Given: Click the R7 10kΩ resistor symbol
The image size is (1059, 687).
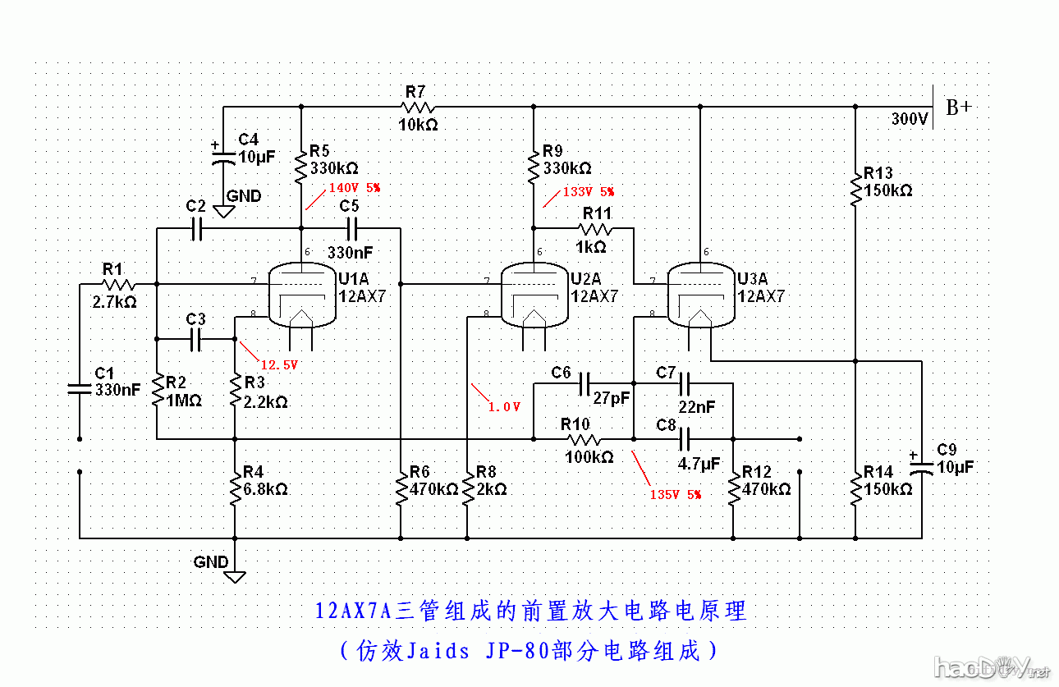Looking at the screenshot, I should (417, 107).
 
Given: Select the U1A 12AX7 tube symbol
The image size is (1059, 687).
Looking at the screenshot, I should (303, 294).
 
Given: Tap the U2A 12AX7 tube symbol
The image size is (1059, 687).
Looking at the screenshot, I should (534, 294).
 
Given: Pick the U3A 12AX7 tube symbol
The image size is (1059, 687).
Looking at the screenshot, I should (699, 294).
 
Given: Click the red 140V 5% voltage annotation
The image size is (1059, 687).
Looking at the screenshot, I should (354, 187).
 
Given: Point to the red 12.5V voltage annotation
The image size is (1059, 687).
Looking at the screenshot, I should (278, 364).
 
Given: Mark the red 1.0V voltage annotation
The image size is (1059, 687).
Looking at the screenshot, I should (503, 406).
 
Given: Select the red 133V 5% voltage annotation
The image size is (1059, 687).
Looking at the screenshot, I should (587, 191).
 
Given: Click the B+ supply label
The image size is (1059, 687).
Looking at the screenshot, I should (958, 108).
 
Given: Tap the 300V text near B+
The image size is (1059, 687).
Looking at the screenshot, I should (910, 120).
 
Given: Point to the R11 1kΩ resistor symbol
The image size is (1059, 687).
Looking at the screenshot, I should (596, 230).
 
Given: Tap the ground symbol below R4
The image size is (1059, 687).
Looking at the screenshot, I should (235, 575).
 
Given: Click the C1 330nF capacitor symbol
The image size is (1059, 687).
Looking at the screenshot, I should (80, 388).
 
